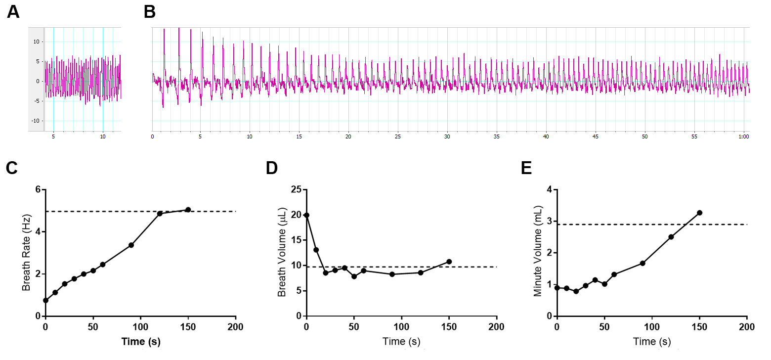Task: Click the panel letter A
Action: click(x=13, y=11)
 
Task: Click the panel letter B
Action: click(x=150, y=11)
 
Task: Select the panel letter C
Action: click(x=12, y=169)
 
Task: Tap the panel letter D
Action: click(x=272, y=169)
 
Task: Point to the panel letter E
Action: click(x=527, y=169)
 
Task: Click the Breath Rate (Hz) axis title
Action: click(x=27, y=252)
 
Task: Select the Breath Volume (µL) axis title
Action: click(x=282, y=252)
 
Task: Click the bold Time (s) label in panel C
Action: click(x=140, y=341)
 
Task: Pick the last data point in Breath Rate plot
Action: click(x=188, y=210)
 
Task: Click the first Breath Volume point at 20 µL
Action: click(x=306, y=215)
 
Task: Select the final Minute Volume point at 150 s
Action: click(x=699, y=213)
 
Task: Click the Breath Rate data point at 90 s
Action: click(x=131, y=245)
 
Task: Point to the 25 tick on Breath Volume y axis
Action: click(x=296, y=189)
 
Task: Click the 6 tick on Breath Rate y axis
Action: click(x=38, y=189)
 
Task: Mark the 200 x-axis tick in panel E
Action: click(x=747, y=327)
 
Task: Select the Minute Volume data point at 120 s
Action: click(x=671, y=237)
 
